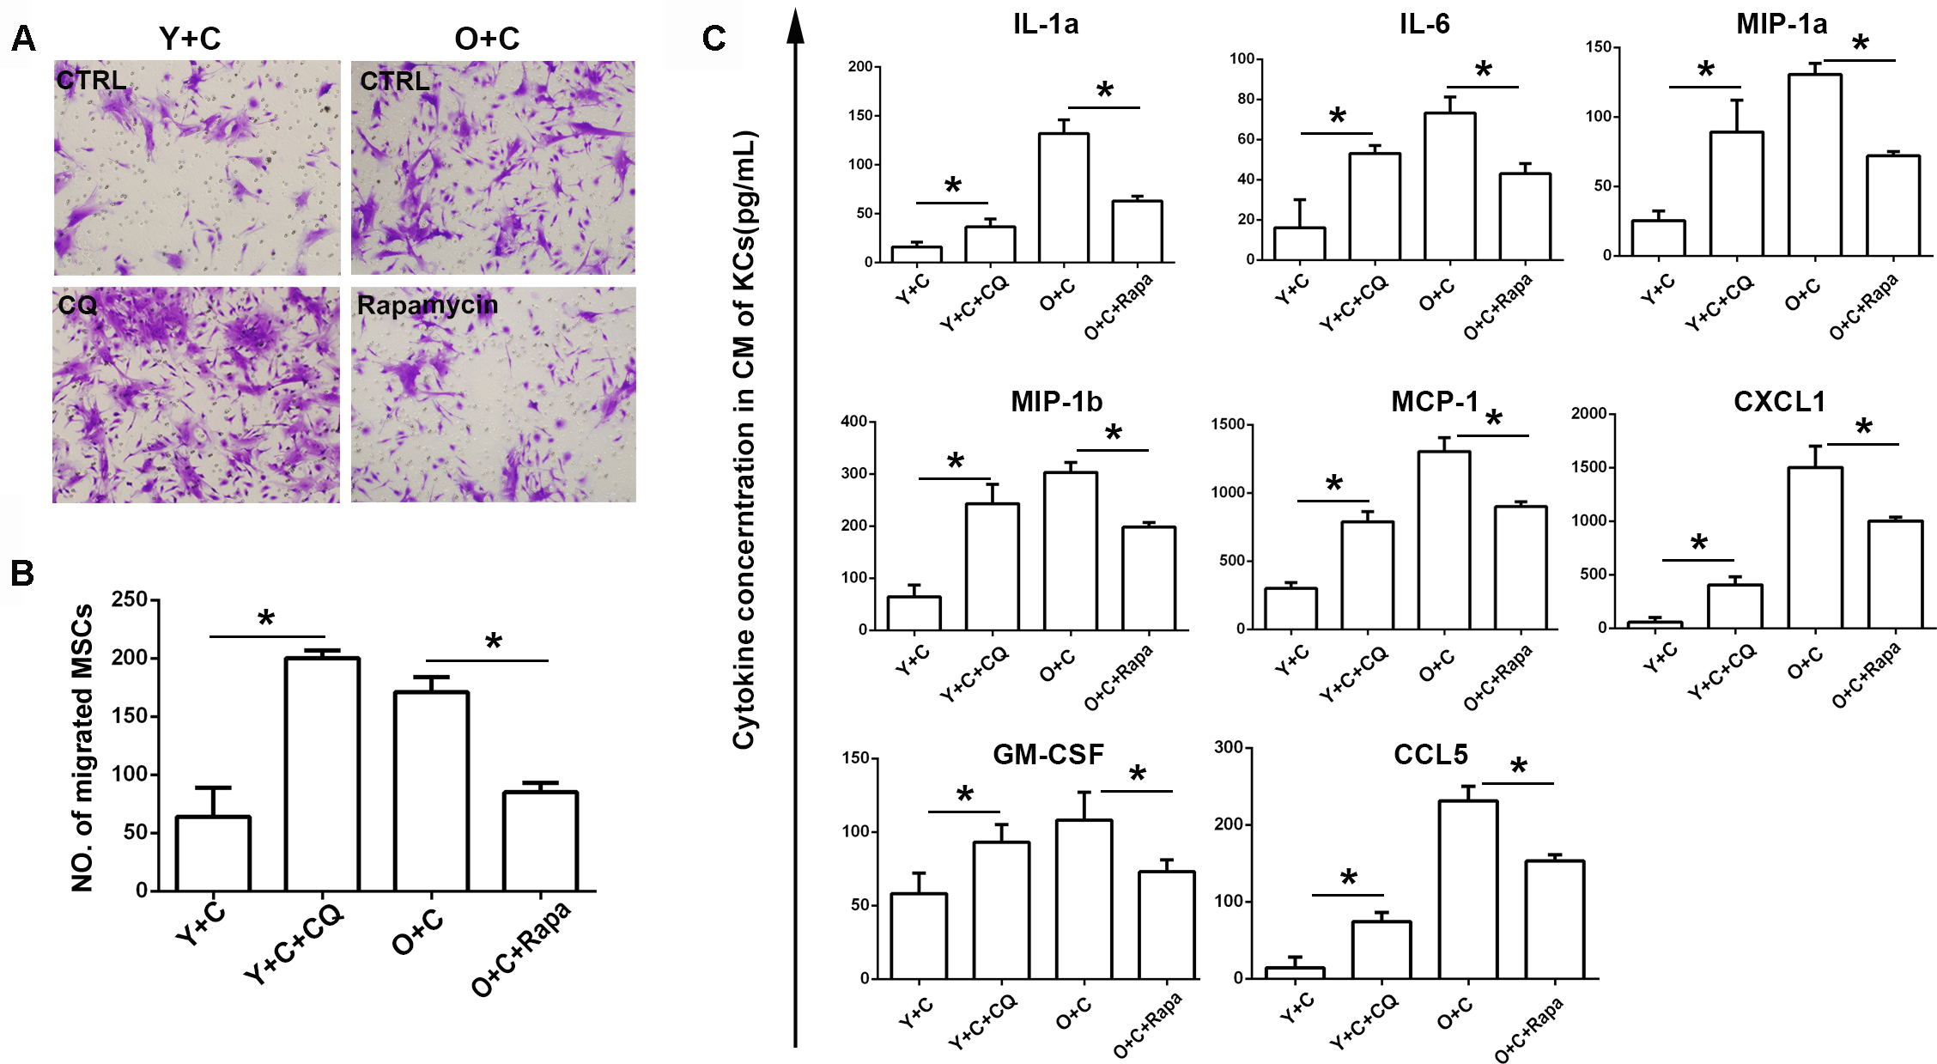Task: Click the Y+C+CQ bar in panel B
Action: pyautogui.click(x=322, y=774)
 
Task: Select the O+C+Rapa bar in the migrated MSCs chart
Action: pyautogui.click(x=540, y=841)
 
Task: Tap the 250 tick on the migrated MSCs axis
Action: pyautogui.click(x=130, y=599)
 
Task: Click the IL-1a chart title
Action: pyautogui.click(x=1045, y=24)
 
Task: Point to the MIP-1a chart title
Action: pyautogui.click(x=1782, y=24)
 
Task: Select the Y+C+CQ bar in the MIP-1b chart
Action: pyautogui.click(x=992, y=567)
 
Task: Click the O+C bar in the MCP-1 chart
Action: pyautogui.click(x=1443, y=540)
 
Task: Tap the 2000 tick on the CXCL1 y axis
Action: pyautogui.click(x=1588, y=414)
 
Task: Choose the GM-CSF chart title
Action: pyautogui.click(x=1047, y=755)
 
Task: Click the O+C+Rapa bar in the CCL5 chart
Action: pyautogui.click(x=1554, y=919)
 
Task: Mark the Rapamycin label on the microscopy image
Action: pyautogui.click(x=427, y=305)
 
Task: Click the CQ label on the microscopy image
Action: pyautogui.click(x=77, y=305)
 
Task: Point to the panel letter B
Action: pyautogui.click(x=22, y=573)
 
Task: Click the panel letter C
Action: pyautogui.click(x=713, y=39)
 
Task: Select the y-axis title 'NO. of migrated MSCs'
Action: pyautogui.click(x=82, y=747)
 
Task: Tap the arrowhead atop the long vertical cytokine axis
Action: pyautogui.click(x=796, y=26)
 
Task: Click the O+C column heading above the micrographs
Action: pyautogui.click(x=487, y=39)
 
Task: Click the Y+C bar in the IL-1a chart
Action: pyautogui.click(x=916, y=254)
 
